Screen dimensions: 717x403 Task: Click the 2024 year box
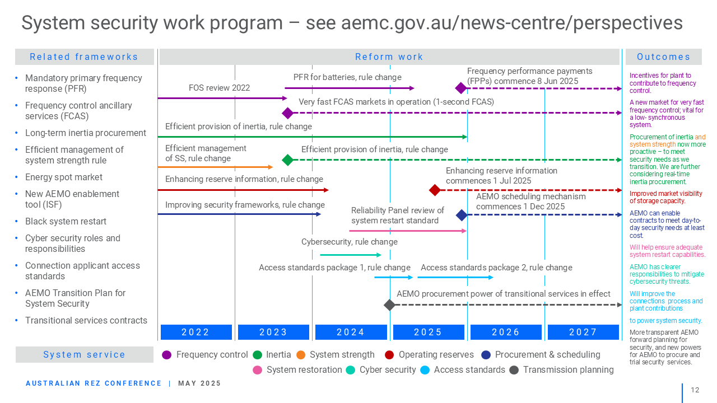coord(351,332)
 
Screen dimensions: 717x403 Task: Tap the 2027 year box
coord(583,332)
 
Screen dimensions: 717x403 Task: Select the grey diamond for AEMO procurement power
coord(389,305)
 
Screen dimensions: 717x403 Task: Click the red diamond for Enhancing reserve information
coord(435,190)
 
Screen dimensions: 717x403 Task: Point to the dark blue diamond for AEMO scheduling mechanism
coord(462,215)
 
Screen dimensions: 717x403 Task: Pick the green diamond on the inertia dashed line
coord(288,160)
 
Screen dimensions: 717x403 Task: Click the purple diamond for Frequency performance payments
coord(461,88)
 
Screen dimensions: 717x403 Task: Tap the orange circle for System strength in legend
coord(301,355)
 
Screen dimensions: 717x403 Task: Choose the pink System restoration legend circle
coord(257,370)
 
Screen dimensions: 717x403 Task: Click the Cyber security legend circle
coord(351,370)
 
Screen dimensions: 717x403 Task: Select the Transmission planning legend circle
coord(514,370)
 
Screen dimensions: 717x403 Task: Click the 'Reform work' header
coord(389,57)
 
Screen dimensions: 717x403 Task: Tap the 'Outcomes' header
coord(664,57)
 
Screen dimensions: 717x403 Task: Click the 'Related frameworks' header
coord(84,57)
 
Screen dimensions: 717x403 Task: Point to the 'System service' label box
coord(85,354)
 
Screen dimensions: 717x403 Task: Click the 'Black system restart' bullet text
coord(66,221)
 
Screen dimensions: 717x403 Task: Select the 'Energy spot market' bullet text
coord(64,177)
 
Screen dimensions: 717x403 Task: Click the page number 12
coord(695,390)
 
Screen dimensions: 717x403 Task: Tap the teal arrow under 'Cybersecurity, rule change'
coord(351,255)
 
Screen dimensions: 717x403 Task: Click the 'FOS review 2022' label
coord(219,88)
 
